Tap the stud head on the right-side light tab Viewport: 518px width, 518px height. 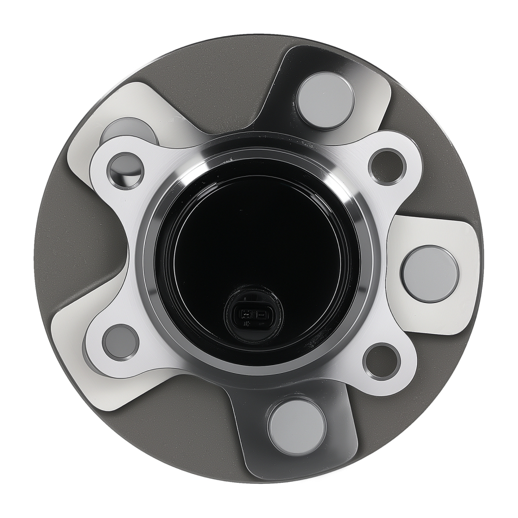430,274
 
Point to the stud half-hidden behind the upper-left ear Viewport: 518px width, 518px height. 129,129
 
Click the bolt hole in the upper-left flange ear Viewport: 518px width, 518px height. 125,170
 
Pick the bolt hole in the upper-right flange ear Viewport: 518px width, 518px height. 387,166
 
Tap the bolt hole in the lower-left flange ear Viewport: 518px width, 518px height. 120,342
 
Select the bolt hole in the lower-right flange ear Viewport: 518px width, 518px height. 381,361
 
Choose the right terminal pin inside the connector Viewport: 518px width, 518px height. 262,314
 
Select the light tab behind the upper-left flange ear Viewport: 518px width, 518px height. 119,104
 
